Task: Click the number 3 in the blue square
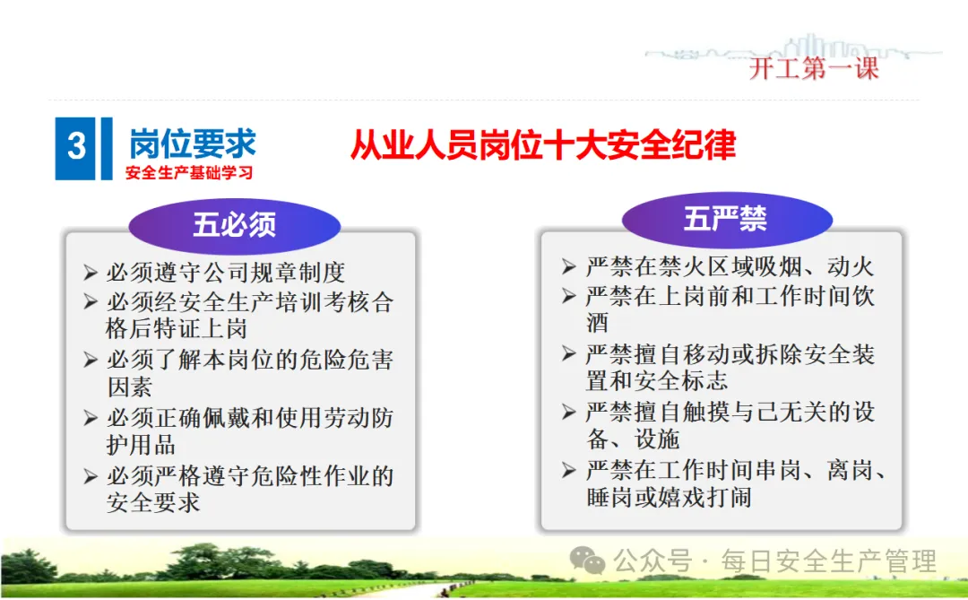(x=76, y=147)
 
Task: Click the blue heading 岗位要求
(x=193, y=144)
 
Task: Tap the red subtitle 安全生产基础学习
(x=189, y=172)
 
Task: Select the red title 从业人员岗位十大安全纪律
(x=542, y=145)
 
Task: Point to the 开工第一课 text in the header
(x=814, y=68)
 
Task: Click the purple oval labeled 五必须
(x=235, y=225)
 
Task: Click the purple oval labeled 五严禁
(x=727, y=220)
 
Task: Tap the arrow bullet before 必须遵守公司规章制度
(x=91, y=273)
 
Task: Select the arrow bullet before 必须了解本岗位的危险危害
(x=91, y=360)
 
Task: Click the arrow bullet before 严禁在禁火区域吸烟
(x=569, y=267)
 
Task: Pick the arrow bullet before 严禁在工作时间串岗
(x=569, y=471)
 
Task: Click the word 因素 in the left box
(x=130, y=387)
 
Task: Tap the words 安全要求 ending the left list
(x=154, y=502)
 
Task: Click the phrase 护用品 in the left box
(x=142, y=445)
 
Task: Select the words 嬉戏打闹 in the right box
(x=705, y=497)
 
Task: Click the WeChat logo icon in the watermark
(x=586, y=561)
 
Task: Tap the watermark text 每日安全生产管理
(x=828, y=561)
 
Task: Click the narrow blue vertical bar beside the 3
(x=107, y=149)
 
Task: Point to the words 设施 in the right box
(x=658, y=439)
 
